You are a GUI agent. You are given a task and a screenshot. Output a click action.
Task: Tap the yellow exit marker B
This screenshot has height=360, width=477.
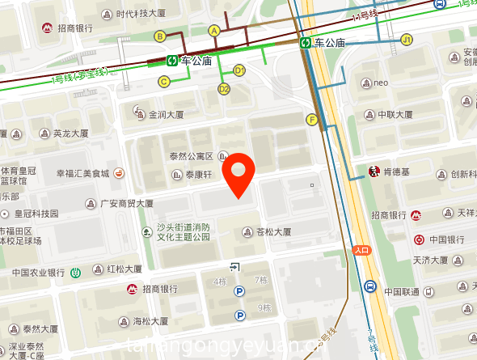[x=160, y=36]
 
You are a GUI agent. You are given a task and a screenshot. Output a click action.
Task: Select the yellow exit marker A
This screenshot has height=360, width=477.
[x=214, y=30]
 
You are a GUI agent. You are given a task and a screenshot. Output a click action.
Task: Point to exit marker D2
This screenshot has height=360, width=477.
[x=224, y=89]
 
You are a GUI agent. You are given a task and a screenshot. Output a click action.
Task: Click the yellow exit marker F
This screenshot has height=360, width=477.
[x=311, y=120]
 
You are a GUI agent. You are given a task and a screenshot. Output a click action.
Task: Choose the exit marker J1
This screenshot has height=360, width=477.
[x=407, y=39]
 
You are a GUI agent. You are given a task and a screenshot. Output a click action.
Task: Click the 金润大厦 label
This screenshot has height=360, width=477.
[x=165, y=115]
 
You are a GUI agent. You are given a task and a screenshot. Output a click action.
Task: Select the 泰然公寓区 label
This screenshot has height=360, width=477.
[x=191, y=156]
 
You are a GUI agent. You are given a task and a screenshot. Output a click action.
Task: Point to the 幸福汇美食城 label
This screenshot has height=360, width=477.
[x=82, y=173]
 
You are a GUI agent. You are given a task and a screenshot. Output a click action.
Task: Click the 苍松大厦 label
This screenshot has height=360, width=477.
[x=272, y=232]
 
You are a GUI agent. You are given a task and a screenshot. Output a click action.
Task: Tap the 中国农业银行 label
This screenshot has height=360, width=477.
[x=39, y=272]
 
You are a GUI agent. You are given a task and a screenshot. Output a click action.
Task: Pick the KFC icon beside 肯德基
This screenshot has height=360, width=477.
[x=374, y=172]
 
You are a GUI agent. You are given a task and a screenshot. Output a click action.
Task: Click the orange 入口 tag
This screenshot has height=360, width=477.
[x=361, y=250]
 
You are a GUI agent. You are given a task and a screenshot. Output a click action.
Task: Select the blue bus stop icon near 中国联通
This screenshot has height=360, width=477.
[x=369, y=286]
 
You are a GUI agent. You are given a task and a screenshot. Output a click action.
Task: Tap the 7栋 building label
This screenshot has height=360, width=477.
[x=260, y=280]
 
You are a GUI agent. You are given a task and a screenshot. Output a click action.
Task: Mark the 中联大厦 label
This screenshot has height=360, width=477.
[x=397, y=114]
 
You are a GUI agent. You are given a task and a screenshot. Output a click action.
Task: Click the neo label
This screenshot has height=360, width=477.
[x=382, y=82]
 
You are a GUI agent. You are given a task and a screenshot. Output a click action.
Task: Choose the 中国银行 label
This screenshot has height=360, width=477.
[x=445, y=239]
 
